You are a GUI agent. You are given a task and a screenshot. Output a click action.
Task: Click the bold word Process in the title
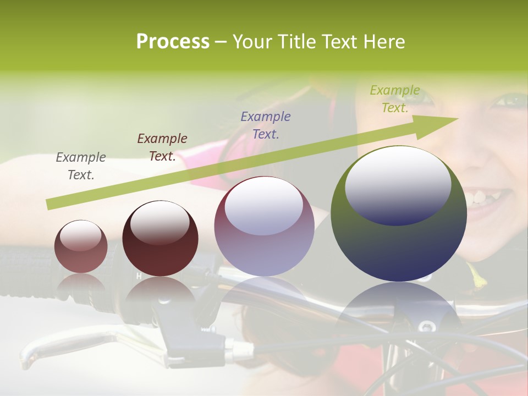pyautogui.click(x=173, y=42)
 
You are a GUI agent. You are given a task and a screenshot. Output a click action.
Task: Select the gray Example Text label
pyautogui.click(x=81, y=166)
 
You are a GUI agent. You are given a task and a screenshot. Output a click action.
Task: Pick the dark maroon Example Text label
pyautogui.click(x=162, y=147)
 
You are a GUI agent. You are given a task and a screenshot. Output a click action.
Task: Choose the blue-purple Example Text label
pyautogui.click(x=266, y=125)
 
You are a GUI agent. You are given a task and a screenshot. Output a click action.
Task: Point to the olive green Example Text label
pyautogui.click(x=395, y=99)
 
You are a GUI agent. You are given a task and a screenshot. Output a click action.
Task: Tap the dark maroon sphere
pyautogui.click(x=160, y=239)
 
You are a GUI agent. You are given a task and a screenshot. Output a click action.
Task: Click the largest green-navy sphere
pyautogui.click(x=399, y=242)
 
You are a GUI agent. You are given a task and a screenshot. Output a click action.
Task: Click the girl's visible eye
pyautogui.click(x=510, y=100)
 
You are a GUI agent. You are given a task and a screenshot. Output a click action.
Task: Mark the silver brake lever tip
pyautogui.click(x=28, y=357)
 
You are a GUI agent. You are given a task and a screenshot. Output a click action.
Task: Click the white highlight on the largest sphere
pyautogui.click(x=398, y=184)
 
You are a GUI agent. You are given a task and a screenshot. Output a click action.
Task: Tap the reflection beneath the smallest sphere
pyautogui.click(x=81, y=285)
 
